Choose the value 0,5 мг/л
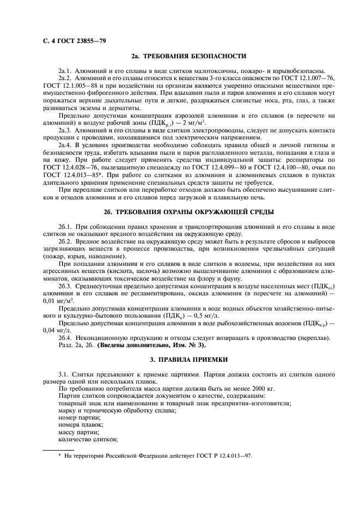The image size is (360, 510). click(x=191, y=316)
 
